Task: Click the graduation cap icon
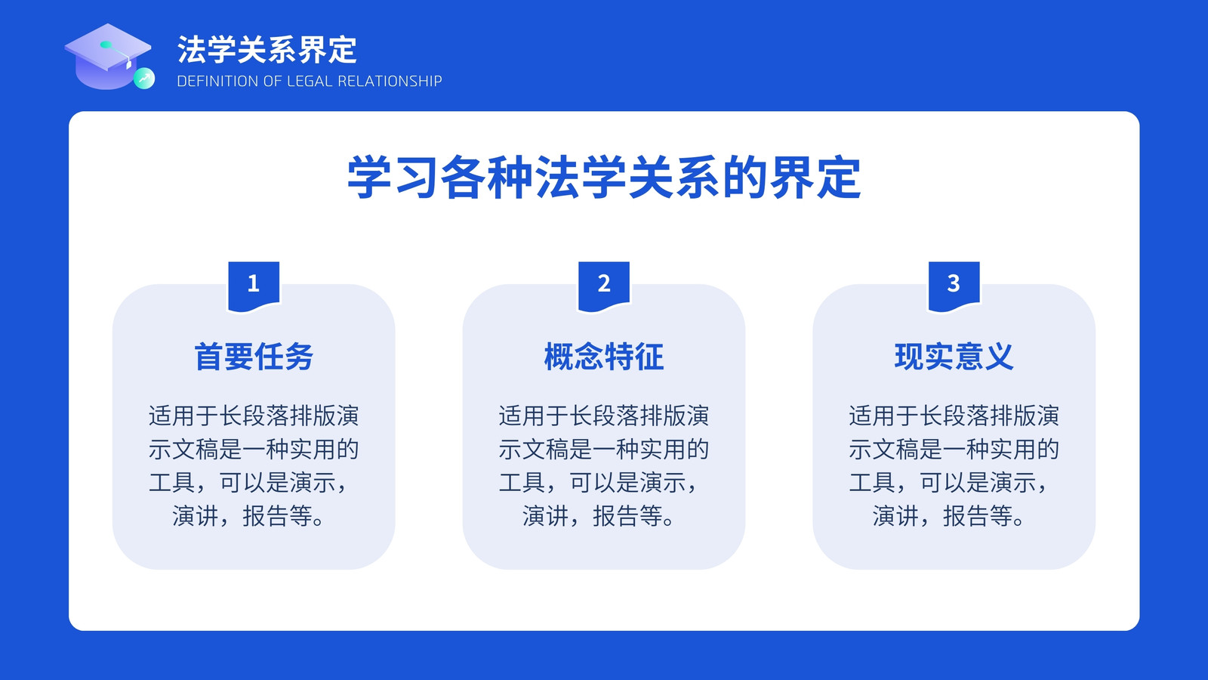point(108,56)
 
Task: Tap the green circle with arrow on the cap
point(144,79)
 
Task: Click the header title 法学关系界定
point(267,50)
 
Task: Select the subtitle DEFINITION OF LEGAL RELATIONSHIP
point(310,81)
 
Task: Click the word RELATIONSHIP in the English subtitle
point(390,81)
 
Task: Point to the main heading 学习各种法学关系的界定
point(604,178)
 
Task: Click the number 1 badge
point(254,286)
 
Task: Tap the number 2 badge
point(604,286)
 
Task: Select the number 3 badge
point(954,286)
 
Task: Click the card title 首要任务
point(254,357)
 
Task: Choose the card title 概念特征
point(604,357)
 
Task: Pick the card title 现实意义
point(954,357)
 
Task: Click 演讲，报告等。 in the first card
point(248,516)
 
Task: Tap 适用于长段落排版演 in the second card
point(604,416)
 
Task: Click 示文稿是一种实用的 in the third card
point(954,450)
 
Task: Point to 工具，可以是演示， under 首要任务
point(248,483)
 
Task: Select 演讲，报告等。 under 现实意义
point(948,516)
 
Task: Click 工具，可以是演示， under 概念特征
point(599,483)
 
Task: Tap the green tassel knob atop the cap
point(106,45)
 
